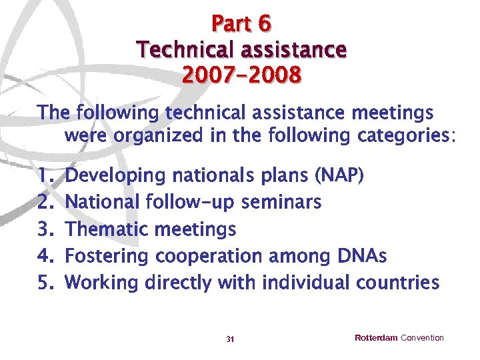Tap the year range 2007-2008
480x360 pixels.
pyautogui.click(x=241, y=75)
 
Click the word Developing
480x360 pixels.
pyautogui.click(x=117, y=176)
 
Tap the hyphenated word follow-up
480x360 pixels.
pyautogui.click(x=191, y=201)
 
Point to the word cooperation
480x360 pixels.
pyautogui.click(x=209, y=257)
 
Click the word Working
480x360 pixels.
pyautogui.click(x=103, y=283)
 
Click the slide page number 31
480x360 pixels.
pyautogui.click(x=230, y=339)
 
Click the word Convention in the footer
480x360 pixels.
pyautogui.click(x=422, y=338)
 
